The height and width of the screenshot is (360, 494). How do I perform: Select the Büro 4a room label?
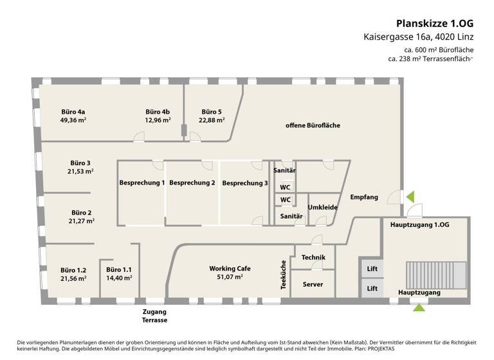point(73,111)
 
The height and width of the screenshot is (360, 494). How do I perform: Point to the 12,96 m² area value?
point(158,120)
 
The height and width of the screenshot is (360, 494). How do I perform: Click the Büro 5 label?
point(211,111)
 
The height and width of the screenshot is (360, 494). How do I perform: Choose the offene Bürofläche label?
point(313,125)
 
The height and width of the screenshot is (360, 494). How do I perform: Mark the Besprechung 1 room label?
point(142,183)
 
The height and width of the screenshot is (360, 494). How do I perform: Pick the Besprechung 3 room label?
point(245,183)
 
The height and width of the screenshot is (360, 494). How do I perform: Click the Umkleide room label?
point(322,207)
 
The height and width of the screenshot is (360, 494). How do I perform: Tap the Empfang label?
point(363,197)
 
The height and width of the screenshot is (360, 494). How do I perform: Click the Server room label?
point(313,284)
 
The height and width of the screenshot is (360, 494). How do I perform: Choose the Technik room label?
point(313,258)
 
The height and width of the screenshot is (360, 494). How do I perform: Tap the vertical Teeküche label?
point(283,275)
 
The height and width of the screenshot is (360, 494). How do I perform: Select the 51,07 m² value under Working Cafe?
point(230,277)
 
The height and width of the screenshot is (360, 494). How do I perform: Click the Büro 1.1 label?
point(118,269)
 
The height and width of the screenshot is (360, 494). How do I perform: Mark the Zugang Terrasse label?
point(155,315)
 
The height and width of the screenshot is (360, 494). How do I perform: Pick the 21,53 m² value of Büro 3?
point(81,172)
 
